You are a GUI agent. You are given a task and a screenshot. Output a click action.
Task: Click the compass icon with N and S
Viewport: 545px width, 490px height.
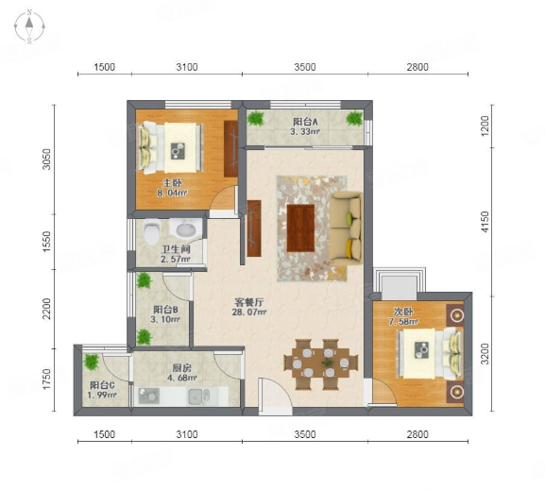coord(29,26)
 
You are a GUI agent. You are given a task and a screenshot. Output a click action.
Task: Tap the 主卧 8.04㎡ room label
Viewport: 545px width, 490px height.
coord(173,188)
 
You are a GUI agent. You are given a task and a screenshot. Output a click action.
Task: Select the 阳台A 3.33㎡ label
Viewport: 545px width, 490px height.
coord(305,127)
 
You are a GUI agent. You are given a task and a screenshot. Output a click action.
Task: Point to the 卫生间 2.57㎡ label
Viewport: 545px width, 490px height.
coord(176,254)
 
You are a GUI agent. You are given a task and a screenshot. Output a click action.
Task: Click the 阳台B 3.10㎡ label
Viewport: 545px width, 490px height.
coord(165,314)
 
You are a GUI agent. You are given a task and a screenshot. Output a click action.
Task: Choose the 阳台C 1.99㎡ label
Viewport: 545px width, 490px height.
coord(102,390)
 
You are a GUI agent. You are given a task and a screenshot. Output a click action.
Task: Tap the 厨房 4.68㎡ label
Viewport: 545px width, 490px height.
coord(182,373)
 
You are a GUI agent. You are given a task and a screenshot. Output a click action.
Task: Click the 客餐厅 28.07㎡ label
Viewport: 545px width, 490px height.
coord(248,307)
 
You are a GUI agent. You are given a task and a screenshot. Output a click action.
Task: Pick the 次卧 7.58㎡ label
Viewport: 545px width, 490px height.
coord(403,316)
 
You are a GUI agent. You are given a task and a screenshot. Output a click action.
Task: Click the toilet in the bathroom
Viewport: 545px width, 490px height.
coord(151,230)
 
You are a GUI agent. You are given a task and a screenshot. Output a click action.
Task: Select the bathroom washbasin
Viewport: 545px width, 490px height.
coord(184,228)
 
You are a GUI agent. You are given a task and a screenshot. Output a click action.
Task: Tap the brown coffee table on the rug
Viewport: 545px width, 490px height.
coord(300,228)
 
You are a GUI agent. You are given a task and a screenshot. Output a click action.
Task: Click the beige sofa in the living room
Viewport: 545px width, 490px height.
coord(346,228)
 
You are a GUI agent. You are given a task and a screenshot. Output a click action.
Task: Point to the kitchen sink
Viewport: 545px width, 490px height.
coord(199,397)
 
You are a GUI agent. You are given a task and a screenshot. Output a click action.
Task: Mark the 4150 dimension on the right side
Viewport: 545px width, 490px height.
coord(485,222)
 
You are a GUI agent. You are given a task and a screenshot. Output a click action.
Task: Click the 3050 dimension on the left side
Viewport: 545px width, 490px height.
coord(46,160)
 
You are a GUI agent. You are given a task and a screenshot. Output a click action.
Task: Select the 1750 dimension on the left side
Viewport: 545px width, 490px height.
coord(46,380)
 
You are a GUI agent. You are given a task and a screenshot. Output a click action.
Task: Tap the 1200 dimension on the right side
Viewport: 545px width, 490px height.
coord(485,126)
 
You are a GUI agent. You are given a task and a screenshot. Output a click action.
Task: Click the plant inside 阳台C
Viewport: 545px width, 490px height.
coord(92,362)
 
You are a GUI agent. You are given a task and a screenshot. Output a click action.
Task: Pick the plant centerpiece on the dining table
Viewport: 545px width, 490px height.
coord(327,363)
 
